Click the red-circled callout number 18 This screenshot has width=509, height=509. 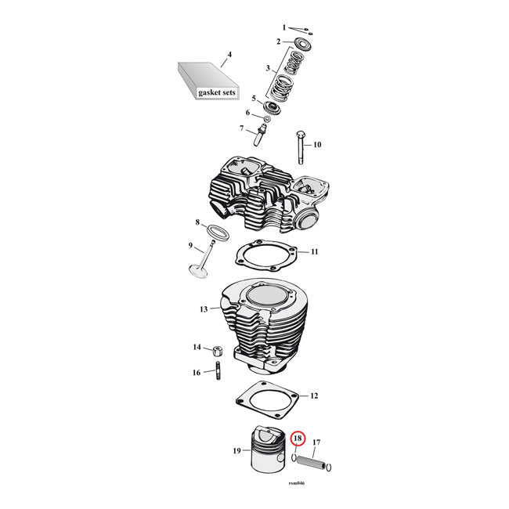tap(298, 440)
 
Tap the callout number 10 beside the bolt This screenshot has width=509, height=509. tap(317, 145)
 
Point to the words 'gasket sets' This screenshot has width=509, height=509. tap(214, 92)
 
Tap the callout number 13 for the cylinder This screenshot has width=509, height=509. tap(203, 309)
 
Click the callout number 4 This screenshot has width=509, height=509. tap(229, 56)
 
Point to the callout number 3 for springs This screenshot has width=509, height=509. tap(268, 68)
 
